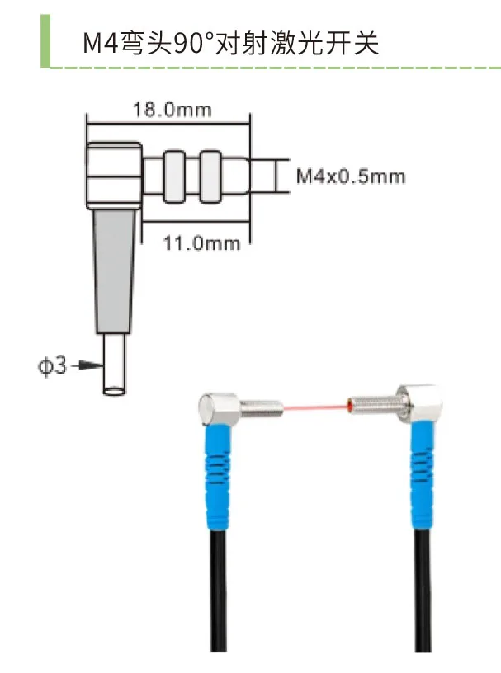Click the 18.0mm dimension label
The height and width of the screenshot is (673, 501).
point(172,110)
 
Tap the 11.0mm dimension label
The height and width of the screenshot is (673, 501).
point(201,243)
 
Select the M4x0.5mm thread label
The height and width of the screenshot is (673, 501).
point(351,176)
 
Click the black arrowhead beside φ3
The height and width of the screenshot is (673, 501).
point(92,365)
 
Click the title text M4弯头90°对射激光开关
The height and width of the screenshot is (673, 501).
point(231,43)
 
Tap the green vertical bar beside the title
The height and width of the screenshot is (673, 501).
point(45,40)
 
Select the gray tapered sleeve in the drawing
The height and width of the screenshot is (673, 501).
point(114,271)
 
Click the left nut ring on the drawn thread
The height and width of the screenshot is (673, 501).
point(173,176)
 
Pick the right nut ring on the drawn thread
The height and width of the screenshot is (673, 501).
point(211,176)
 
